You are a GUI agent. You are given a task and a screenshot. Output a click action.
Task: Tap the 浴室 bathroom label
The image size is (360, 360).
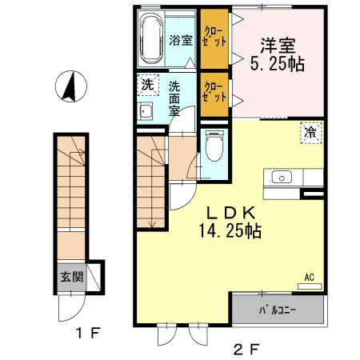pyautogui.click(x=181, y=40)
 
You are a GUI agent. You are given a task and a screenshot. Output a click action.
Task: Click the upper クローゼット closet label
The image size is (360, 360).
pyautogui.click(x=213, y=37)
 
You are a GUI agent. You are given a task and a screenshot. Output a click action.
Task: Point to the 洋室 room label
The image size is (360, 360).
pyautogui.click(x=278, y=46)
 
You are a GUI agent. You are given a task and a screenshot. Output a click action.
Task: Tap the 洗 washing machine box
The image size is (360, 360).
pyautogui.click(x=146, y=84)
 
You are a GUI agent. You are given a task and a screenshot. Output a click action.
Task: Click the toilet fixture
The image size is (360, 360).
pyautogui.click(x=214, y=149)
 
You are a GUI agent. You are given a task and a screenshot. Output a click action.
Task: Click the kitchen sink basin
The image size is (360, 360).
pyautogui.click(x=283, y=177)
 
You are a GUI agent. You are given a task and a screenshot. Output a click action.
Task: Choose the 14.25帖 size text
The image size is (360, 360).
pyautogui.click(x=230, y=231)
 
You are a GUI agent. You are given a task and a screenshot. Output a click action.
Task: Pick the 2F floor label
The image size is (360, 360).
pyautogui.click(x=246, y=348)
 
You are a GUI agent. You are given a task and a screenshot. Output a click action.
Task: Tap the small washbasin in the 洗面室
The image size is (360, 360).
pyautogui.click(x=146, y=110)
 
